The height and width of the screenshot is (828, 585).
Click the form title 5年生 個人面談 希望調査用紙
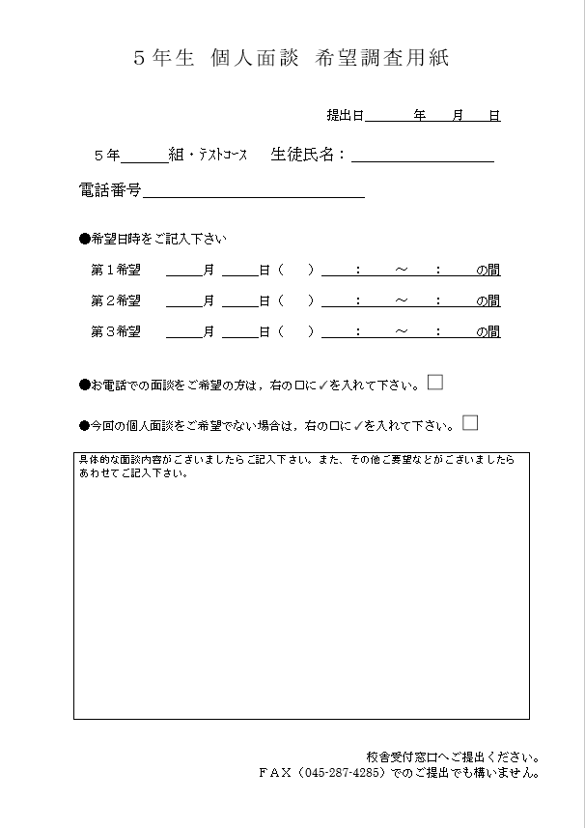point(291,58)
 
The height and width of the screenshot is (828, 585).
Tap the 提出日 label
point(345,116)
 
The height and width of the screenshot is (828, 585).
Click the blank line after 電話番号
point(253,191)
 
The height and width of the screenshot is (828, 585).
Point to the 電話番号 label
point(109,190)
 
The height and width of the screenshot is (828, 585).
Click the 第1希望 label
point(116,271)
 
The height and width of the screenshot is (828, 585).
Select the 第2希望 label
point(116,300)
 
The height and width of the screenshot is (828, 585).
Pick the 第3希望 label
point(116,331)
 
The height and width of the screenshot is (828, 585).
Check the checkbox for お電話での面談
point(435,382)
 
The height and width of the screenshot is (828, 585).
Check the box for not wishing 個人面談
point(470,421)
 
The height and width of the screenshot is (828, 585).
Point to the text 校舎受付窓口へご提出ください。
point(453,757)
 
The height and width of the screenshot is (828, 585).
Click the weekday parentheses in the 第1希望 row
point(295,271)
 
